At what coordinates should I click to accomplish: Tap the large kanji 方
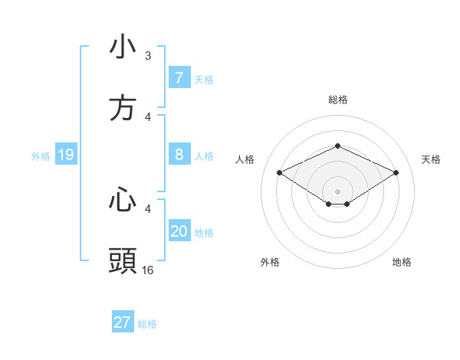pyautogui.click(x=123, y=108)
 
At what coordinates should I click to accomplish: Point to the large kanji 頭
pyautogui.click(x=123, y=260)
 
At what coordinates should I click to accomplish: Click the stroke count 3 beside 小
pyautogui.click(x=148, y=56)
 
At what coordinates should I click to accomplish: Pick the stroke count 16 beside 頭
pyautogui.click(x=148, y=270)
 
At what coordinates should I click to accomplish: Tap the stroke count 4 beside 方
pyautogui.click(x=148, y=117)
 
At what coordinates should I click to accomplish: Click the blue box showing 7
pyautogui.click(x=179, y=78)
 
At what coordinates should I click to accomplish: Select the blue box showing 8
pyautogui.click(x=179, y=155)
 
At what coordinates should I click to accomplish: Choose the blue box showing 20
pyautogui.click(x=179, y=231)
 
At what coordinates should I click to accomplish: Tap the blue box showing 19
pyautogui.click(x=66, y=155)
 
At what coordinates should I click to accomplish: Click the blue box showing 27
pyautogui.click(x=123, y=322)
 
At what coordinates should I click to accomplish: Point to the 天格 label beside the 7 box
pyautogui.click(x=204, y=79)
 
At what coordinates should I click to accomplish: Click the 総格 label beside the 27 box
pyautogui.click(x=147, y=323)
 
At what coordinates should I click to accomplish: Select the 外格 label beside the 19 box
pyautogui.click(x=41, y=156)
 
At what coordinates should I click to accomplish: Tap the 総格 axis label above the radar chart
pyautogui.click(x=337, y=100)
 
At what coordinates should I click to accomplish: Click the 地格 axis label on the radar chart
pyautogui.click(x=402, y=262)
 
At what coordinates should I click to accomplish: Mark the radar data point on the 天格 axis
pyautogui.click(x=396, y=172)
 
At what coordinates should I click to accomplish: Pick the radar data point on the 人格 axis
pyautogui.click(x=279, y=172)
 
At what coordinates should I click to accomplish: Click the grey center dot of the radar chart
pyautogui.click(x=337, y=191)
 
